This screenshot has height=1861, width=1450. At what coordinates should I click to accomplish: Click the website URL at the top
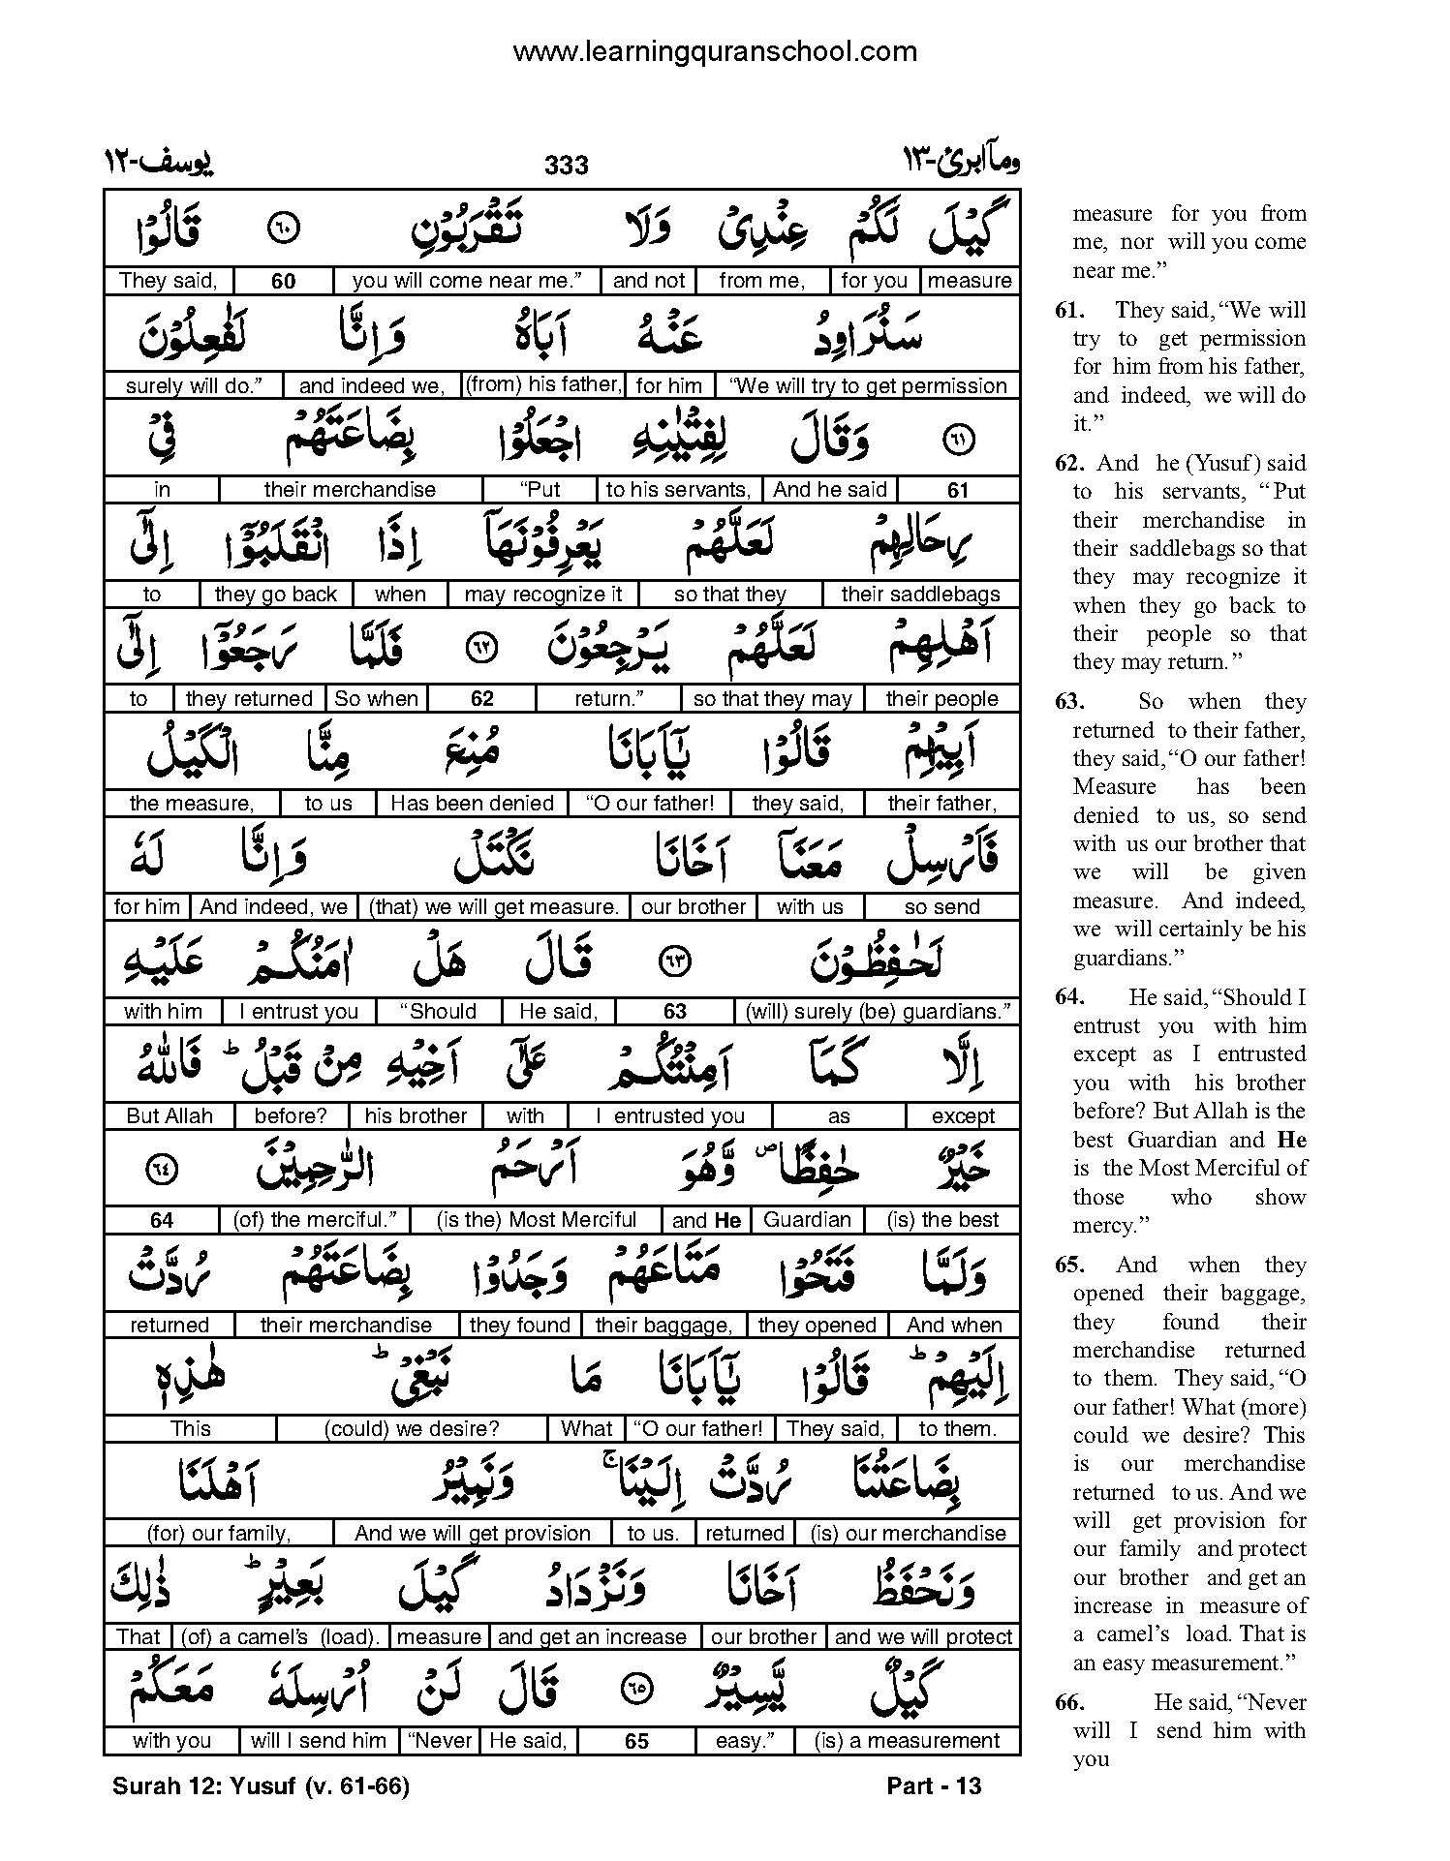[x=714, y=51]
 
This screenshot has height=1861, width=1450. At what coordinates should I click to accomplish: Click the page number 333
[x=566, y=166]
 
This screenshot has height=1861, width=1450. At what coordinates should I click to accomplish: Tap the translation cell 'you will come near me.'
[x=466, y=281]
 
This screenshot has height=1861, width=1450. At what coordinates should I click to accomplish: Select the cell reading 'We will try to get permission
[x=868, y=385]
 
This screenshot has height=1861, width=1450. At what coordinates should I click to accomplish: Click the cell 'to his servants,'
[x=678, y=490]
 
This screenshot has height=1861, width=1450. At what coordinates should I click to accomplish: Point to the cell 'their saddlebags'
[x=920, y=595]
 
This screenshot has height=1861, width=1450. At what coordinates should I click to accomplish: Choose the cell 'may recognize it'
[x=543, y=595]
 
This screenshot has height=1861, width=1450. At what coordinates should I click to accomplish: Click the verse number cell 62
[x=481, y=699]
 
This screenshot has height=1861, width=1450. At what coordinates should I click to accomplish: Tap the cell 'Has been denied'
[x=472, y=804]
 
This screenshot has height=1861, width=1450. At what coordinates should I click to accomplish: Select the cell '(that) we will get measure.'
[x=493, y=907]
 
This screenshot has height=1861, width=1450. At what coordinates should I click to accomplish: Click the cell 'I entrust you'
[x=298, y=1012]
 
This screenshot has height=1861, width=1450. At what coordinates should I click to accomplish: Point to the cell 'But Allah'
[x=170, y=1116]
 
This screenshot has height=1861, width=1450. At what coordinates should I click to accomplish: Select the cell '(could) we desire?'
[x=413, y=1429]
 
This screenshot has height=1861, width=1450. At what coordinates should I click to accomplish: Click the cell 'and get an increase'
[x=592, y=1637]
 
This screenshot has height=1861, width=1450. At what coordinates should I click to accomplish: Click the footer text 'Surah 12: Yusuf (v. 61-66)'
[x=261, y=1787]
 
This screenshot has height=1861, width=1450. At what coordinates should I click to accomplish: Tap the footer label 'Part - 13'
[x=934, y=1787]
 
